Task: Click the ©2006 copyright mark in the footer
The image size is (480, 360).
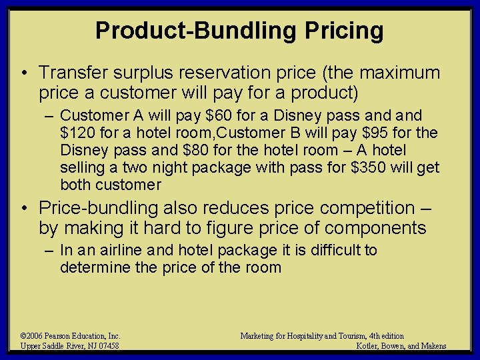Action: (x=33, y=336)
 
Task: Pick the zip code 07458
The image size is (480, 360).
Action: (x=107, y=345)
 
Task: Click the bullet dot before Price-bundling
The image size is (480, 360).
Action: (x=24, y=209)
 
